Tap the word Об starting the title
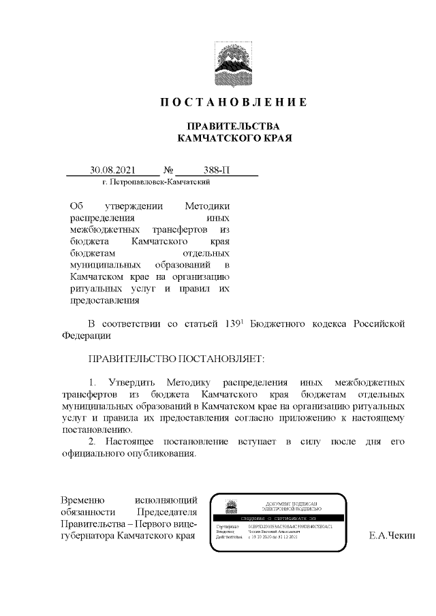(x=75, y=206)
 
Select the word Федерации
(x=85, y=335)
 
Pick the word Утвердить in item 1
(x=129, y=382)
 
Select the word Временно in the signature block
(x=82, y=500)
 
